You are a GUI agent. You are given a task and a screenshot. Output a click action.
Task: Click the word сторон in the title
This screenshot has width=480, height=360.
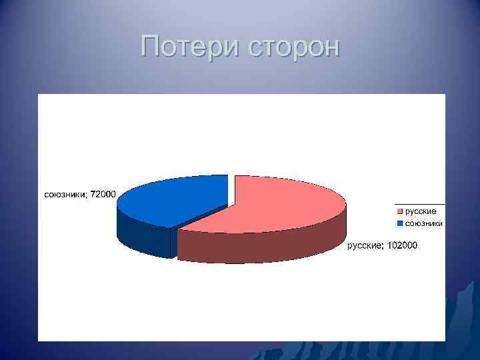tap(293, 48)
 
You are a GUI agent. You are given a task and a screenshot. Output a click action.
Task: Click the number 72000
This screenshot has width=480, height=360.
tap(103, 194)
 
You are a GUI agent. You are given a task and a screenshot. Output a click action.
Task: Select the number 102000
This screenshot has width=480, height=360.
tap(401, 246)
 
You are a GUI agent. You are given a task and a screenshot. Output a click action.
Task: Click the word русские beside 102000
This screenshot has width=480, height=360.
tap(364, 246)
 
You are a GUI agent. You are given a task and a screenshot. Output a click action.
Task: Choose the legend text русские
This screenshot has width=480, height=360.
tap(421, 211)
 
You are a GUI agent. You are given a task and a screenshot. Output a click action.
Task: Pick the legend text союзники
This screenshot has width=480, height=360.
tap(424, 223)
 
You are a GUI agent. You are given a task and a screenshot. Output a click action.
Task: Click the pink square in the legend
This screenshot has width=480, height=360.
tap(400, 211)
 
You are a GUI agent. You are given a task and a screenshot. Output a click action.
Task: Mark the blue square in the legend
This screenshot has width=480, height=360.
tap(400, 223)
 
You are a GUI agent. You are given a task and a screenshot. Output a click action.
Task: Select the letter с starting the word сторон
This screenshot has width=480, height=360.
tap(254, 49)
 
